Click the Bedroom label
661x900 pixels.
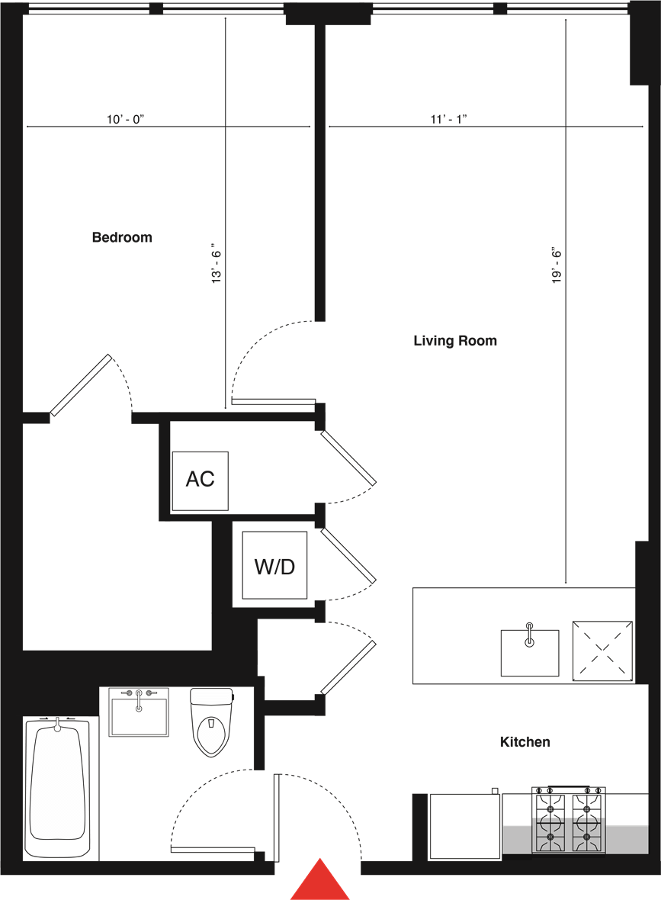tap(122, 237)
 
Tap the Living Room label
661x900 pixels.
tap(455, 340)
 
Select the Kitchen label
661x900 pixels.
tap(525, 741)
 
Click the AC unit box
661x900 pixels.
tap(201, 481)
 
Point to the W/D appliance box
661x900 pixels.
tap(274, 565)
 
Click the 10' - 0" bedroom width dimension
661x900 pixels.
tap(125, 119)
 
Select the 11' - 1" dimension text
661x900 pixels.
tap(449, 119)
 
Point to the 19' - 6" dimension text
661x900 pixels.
tap(557, 265)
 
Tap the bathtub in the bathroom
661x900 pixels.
tap(57, 787)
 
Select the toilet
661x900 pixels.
tap(212, 722)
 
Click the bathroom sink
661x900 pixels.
tap(139, 712)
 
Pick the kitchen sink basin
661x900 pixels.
tap(530, 653)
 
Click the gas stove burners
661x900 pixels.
tap(569, 820)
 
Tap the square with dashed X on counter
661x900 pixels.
tap(602, 651)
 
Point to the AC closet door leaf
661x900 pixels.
tap(348, 458)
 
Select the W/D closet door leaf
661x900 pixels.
tap(348, 555)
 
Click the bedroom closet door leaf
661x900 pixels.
tap(81, 385)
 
